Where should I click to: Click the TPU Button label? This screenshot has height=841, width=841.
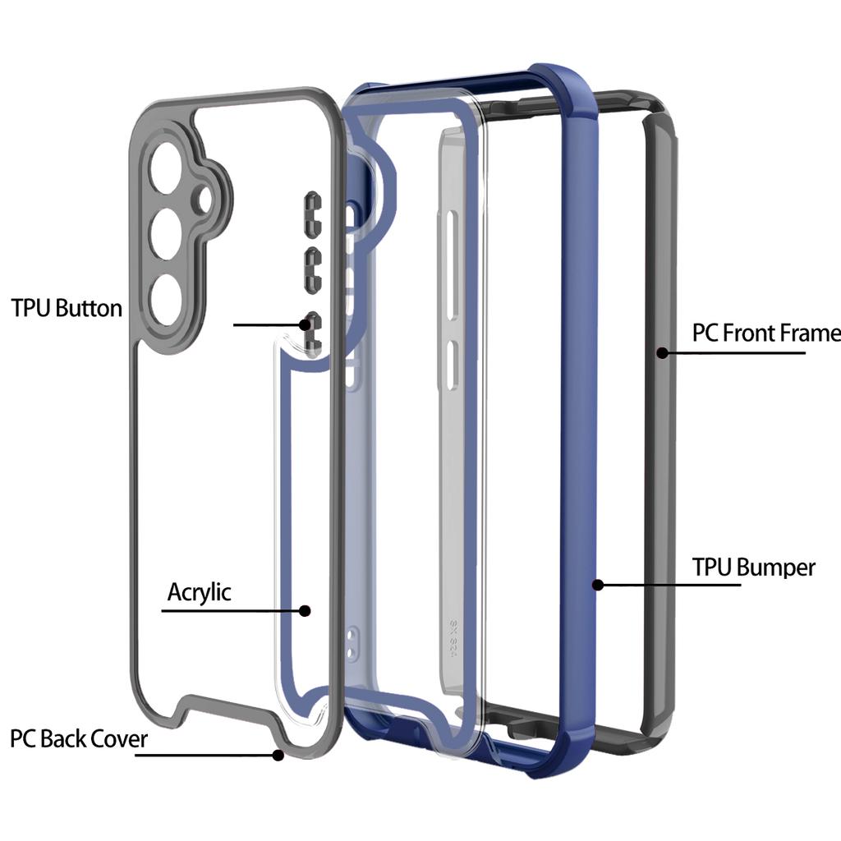click(67, 308)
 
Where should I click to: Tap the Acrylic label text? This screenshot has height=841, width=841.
click(200, 591)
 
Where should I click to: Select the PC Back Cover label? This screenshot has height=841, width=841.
click(79, 738)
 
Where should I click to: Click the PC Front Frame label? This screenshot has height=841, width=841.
click(765, 333)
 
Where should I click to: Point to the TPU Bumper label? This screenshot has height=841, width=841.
click(753, 567)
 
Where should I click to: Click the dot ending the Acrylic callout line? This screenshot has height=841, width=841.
click(305, 610)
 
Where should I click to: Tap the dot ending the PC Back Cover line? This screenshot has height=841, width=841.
click(280, 754)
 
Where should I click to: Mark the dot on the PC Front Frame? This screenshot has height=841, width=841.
click(660, 352)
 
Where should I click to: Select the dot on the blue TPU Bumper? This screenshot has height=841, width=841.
click(599, 585)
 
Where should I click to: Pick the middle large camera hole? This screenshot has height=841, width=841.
click(167, 228)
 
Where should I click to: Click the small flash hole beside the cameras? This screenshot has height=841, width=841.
click(203, 200)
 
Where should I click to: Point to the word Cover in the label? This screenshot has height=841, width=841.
click(118, 738)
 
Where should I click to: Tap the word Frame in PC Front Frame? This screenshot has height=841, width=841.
click(808, 333)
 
